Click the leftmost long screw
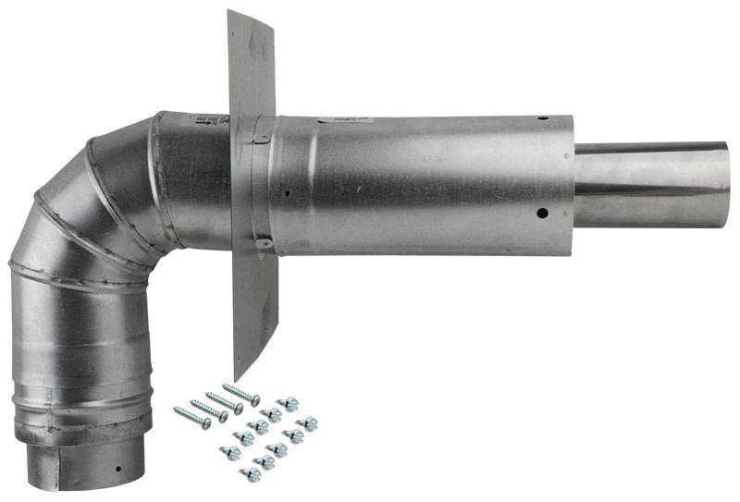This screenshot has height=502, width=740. [x=192, y=417]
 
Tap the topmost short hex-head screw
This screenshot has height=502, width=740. [x=288, y=404]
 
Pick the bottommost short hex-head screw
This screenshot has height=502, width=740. [x=250, y=474]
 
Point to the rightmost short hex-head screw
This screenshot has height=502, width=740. [x=308, y=423]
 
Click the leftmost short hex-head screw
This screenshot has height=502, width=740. [x=229, y=452]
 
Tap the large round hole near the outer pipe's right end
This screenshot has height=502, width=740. [x=542, y=214]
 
